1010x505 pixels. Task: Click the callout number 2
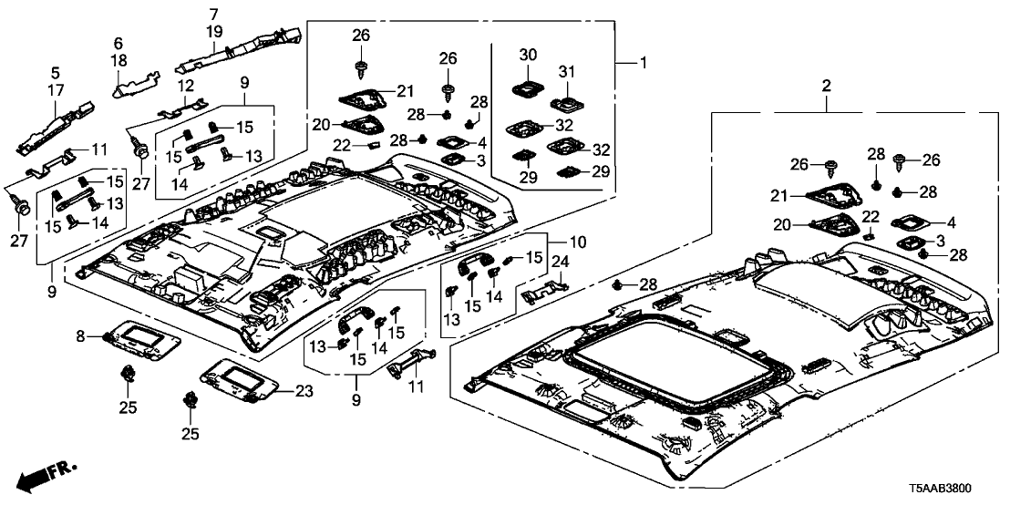[827, 86]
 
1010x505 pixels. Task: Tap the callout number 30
[529, 55]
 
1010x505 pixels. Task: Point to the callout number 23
[304, 392]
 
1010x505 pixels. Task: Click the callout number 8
[80, 337]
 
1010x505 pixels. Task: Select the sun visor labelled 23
[241, 377]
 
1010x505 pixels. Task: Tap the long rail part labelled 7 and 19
[242, 50]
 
